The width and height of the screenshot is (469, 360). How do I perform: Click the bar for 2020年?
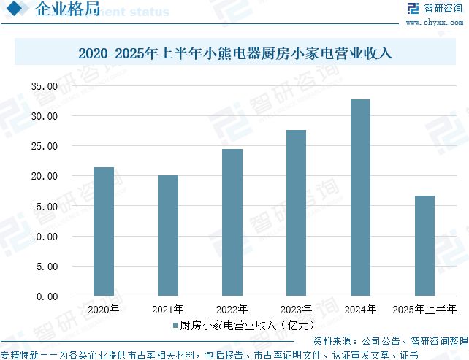104,231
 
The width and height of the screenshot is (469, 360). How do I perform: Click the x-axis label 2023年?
297,309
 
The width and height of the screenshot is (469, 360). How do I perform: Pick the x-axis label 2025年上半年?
424,309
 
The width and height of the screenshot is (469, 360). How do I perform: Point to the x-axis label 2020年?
104,309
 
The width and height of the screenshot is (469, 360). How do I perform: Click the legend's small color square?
175,324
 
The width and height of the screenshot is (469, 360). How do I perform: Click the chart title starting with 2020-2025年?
234,53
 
